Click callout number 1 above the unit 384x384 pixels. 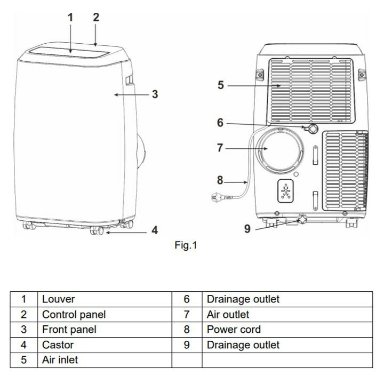click(x=70, y=17)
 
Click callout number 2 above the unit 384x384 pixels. click(x=96, y=17)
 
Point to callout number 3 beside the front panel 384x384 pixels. click(x=155, y=94)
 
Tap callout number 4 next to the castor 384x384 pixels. click(x=154, y=230)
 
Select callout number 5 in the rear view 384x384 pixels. click(x=221, y=85)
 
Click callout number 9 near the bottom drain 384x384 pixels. click(x=247, y=228)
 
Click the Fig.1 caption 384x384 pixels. click(x=186, y=246)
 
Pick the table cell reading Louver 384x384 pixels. click(x=59, y=299)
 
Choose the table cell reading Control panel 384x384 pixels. click(x=74, y=315)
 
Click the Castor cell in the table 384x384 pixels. click(x=58, y=345)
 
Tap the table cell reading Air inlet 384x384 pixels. click(x=60, y=360)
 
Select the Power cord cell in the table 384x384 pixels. click(x=234, y=330)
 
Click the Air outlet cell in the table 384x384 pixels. click(x=228, y=315)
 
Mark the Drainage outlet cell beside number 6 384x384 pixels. click(x=243, y=299)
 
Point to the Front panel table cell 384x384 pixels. click(x=69, y=330)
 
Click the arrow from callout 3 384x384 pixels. click(x=130, y=95)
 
